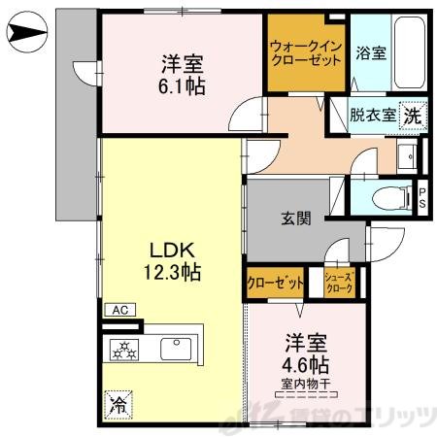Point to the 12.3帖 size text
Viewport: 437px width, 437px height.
(x=176, y=273)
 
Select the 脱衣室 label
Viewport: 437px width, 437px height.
(x=373, y=115)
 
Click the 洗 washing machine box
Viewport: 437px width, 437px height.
(x=413, y=115)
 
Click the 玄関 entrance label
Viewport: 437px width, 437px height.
(x=297, y=219)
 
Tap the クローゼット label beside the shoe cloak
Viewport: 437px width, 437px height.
(x=275, y=283)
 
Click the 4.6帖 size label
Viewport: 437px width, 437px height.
(x=305, y=366)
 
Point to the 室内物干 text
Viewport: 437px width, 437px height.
(x=305, y=386)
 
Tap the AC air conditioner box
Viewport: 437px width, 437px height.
(x=120, y=310)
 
